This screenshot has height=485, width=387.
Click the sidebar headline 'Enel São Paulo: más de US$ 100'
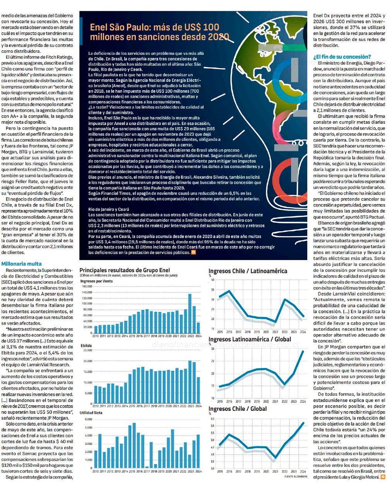pyautogui.click(x=154, y=27)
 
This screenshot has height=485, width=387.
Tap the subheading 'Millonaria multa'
pyautogui.click(x=21, y=264)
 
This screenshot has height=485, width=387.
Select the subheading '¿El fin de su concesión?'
pyautogui.click(x=342, y=57)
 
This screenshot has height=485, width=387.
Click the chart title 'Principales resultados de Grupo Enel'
pyautogui.click(x=125, y=270)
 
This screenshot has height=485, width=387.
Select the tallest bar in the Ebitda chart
pyautogui.click(x=190, y=382)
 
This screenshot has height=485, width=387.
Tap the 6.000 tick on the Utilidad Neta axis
pyautogui.click(x=88, y=419)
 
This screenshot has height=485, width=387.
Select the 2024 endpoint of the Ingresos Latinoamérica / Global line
pyautogui.click(x=303, y=351)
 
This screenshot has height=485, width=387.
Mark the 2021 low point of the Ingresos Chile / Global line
pyautogui.click(x=275, y=458)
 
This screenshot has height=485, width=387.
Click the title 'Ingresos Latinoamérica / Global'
pyautogui.click(x=250, y=339)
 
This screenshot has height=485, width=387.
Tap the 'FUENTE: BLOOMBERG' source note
pyautogui.click(x=296, y=476)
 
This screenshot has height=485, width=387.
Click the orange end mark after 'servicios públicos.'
pyautogui.click(x=193, y=252)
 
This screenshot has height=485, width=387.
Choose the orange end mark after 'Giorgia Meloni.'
pyautogui.click(x=383, y=477)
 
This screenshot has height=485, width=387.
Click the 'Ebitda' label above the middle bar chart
pyautogui.click(x=86, y=345)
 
